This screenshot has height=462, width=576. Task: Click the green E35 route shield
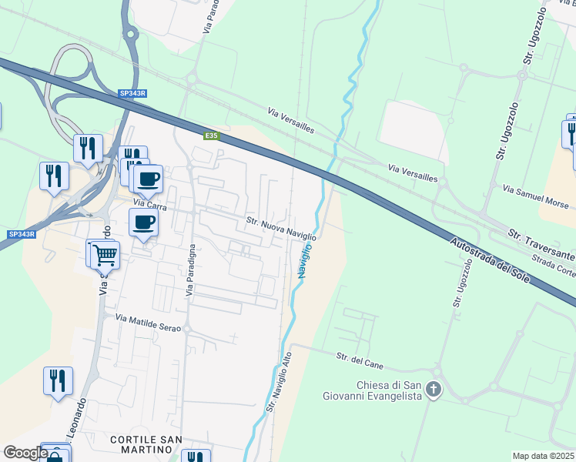(212, 136)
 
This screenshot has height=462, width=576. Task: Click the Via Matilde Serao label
(148, 323)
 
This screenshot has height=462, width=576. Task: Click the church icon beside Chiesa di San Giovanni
(434, 390)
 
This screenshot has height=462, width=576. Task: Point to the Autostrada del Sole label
(490, 259)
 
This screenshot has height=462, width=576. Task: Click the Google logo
(25, 453)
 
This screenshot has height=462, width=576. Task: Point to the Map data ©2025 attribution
(544, 456)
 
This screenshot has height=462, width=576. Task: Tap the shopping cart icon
(105, 253)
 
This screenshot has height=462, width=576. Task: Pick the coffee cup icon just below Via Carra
(144, 223)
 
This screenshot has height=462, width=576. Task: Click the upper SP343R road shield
(132, 93)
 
